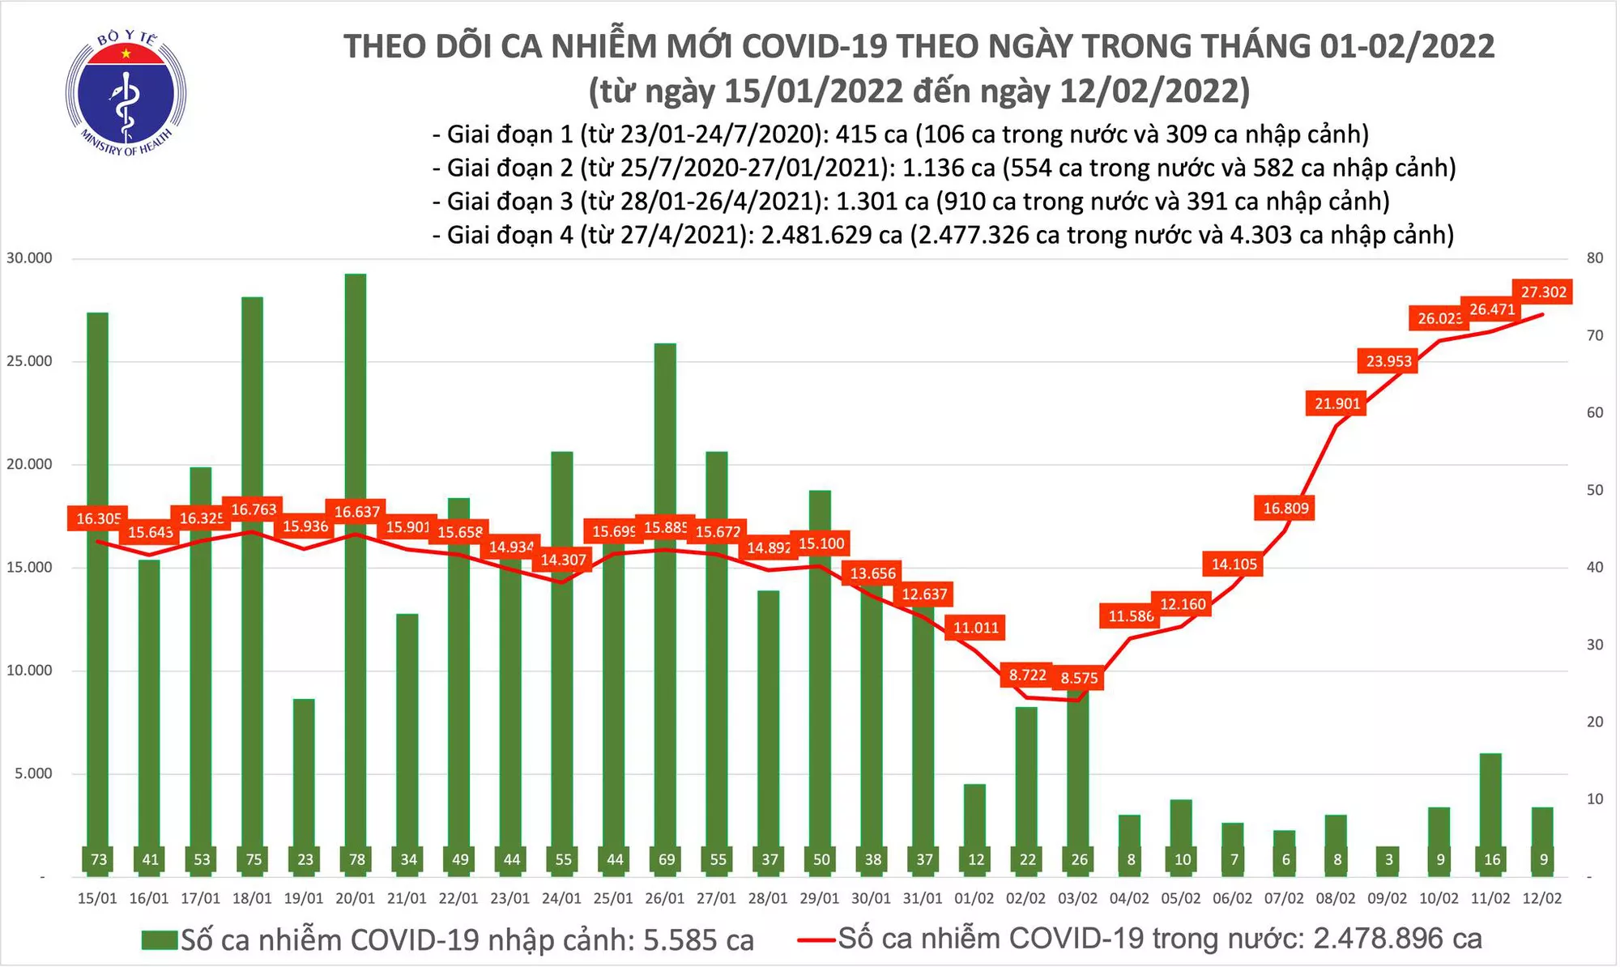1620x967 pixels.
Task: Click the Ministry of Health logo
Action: coord(126,92)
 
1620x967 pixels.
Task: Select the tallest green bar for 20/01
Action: coord(355,567)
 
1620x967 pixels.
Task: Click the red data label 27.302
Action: coord(1543,292)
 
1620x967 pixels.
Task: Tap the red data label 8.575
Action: coord(1079,679)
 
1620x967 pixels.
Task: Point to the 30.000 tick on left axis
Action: coord(29,258)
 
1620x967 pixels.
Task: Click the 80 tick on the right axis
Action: coord(1594,258)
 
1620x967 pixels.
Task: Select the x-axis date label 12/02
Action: coord(1542,898)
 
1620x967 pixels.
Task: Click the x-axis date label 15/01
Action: coord(97,898)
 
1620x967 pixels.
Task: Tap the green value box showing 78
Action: coord(356,860)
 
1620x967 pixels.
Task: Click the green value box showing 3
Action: coord(1388,860)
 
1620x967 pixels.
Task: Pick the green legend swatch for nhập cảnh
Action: coord(159,940)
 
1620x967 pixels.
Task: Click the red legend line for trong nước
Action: coord(816,940)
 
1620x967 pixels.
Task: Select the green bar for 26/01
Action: coord(665,599)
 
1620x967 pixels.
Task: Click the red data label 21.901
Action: coord(1337,403)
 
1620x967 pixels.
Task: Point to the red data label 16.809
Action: coord(1285,509)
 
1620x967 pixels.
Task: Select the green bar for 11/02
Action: coord(1490,802)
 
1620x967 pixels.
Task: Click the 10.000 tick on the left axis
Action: coord(29,671)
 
